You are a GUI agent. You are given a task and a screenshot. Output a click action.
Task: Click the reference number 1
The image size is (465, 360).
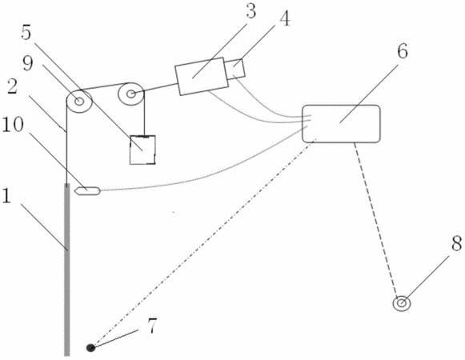click(6, 196)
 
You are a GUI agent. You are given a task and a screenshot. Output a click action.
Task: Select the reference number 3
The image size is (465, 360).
click(251, 11)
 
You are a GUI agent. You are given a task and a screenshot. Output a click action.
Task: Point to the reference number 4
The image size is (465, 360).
click(284, 19)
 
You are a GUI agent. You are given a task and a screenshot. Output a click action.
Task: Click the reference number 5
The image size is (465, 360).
click(26, 33)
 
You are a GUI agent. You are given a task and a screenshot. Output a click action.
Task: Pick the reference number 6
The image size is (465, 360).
click(403, 51)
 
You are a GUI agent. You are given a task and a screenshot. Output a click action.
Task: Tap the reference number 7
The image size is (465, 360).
click(151, 326)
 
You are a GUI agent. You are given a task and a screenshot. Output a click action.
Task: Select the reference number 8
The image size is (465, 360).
click(457, 243)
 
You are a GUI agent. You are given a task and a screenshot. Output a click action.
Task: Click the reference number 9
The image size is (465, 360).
click(28, 63)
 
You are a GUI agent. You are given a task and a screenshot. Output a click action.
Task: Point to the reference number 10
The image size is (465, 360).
click(13, 125)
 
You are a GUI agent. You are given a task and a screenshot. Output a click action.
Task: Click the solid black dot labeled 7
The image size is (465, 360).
click(90, 347)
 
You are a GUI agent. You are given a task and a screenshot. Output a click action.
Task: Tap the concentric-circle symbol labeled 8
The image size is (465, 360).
click(402, 303)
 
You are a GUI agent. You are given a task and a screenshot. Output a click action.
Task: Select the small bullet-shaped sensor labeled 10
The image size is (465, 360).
click(88, 191)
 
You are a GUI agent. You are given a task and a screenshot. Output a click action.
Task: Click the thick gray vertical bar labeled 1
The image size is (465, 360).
click(67, 270)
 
